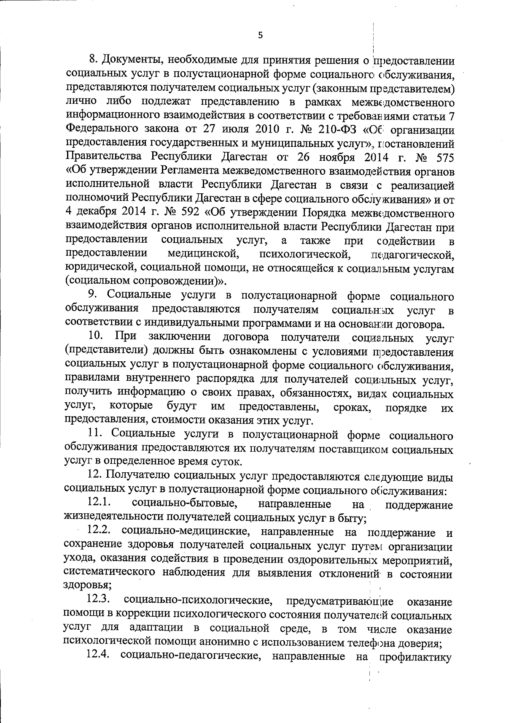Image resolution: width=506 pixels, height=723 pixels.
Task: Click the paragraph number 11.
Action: point(94,435)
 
